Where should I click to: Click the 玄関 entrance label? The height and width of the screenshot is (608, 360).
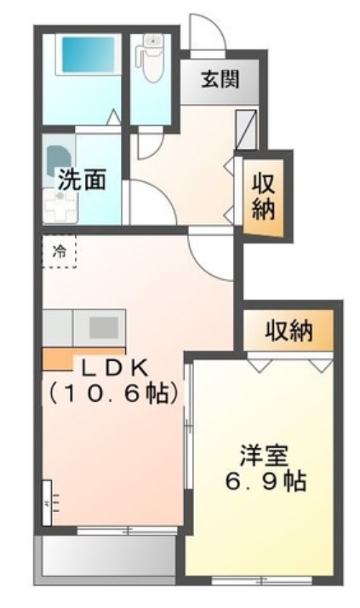220,80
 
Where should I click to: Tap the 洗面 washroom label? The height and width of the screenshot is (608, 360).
82,180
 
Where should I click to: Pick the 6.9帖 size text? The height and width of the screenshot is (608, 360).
262,480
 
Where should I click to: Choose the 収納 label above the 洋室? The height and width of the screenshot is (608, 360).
288,329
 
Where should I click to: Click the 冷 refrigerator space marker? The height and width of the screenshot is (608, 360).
60,251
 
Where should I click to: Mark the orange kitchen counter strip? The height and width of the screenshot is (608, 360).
60,358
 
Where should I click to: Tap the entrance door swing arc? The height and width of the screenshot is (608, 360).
208,32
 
